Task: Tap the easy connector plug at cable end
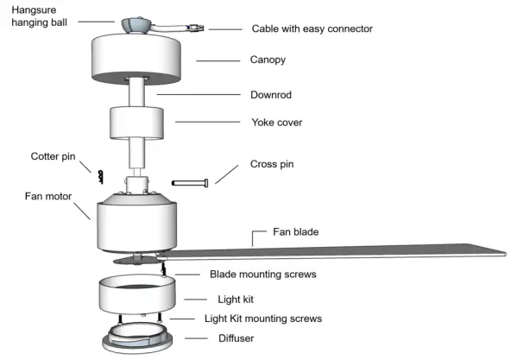pyautogui.click(x=196, y=28)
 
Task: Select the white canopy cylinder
pyautogui.click(x=136, y=59)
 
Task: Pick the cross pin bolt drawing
pyautogui.click(x=191, y=183)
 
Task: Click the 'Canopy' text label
pyautogui.click(x=268, y=60)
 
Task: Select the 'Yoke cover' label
pyautogui.click(x=276, y=122)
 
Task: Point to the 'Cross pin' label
pyautogui.click(x=273, y=163)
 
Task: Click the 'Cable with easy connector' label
pyautogui.click(x=312, y=28)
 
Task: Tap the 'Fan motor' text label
pyautogui.click(x=48, y=196)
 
